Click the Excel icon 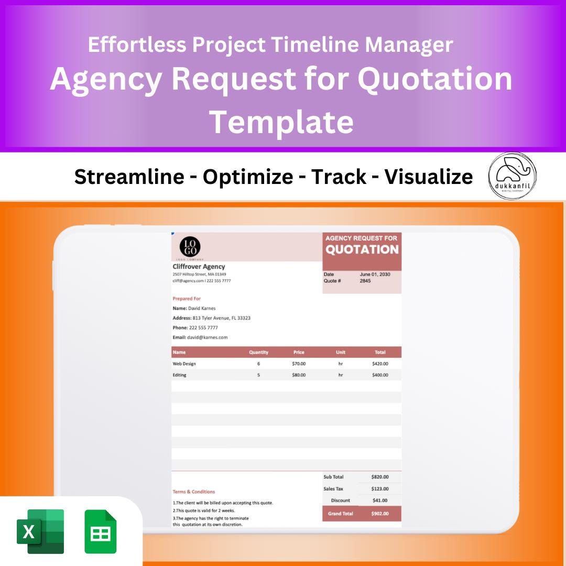point(40,531)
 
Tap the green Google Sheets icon point(100,531)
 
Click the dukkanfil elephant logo point(512,176)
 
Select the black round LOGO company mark point(190,247)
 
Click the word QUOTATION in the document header point(362,249)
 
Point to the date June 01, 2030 point(375,274)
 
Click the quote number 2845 point(365,281)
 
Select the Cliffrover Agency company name point(199,267)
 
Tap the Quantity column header point(258,352)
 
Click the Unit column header point(341,352)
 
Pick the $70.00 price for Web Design point(299,364)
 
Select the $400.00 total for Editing point(380,375)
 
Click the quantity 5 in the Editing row point(258,375)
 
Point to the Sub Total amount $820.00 point(380,477)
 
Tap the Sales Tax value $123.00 point(380,489)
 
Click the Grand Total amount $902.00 point(380,514)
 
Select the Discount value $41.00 point(380,500)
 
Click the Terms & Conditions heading point(194,492)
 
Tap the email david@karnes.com point(207,338)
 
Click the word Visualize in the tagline point(429,177)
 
